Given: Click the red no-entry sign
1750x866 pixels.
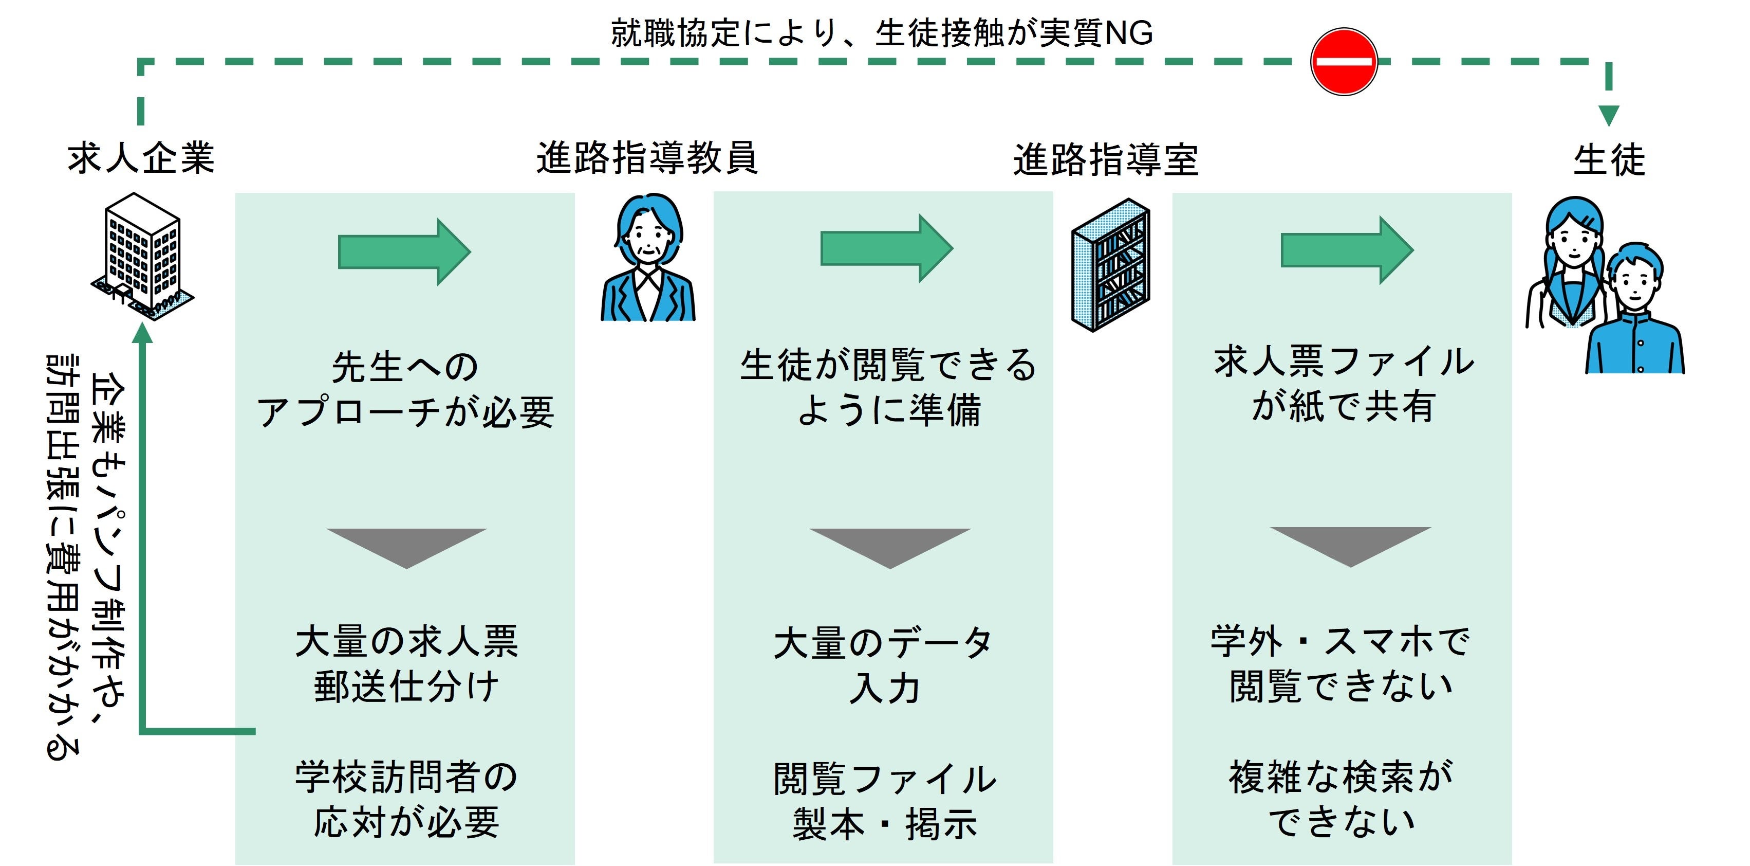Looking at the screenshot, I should coord(1343,61).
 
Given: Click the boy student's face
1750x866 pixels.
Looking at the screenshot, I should coord(1635,279).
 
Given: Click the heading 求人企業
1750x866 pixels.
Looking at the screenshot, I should coord(141,158).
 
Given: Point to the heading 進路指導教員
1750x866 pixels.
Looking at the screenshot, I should coord(647,158).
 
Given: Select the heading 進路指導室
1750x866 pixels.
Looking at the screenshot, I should coord(1106,160).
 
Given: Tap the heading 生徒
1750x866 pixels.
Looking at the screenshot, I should coord(1609,160).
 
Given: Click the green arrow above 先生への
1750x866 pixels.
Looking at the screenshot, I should coord(404,251).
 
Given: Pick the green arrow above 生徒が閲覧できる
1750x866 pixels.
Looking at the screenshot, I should coord(886,248).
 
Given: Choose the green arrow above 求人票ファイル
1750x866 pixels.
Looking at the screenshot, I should coord(1347,250).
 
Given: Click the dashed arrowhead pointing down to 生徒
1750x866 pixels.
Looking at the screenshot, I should coord(1609,115).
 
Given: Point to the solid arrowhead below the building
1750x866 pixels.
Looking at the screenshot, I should coord(143,333).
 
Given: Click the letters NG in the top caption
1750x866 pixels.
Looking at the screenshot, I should coord(1129,32).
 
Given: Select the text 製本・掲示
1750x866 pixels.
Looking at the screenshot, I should coord(885,824).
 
